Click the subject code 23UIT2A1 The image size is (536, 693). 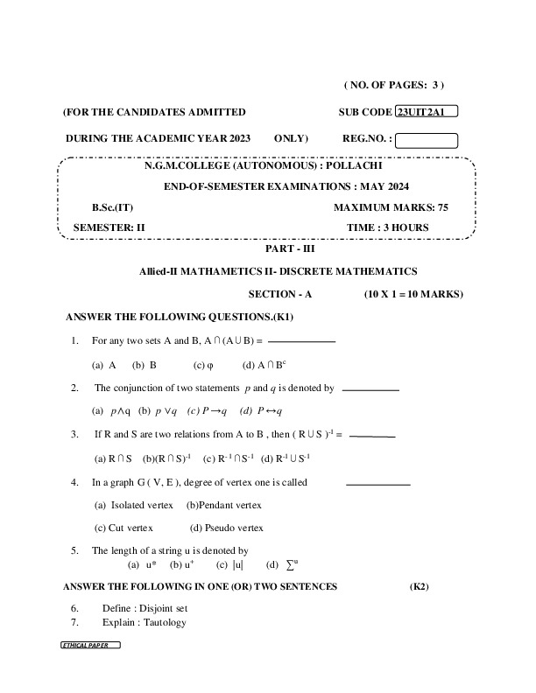[x=427, y=112]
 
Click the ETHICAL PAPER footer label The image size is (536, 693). [x=89, y=645]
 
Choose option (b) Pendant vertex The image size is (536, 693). [x=224, y=505]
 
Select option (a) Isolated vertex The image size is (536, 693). [x=136, y=505]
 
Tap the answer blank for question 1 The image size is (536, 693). [x=301, y=341]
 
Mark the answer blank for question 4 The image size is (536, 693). [x=377, y=483]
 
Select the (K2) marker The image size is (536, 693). [x=419, y=586]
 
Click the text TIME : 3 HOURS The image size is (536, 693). [x=387, y=227]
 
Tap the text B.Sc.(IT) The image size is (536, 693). [x=112, y=207]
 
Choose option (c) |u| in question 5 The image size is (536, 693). [x=229, y=564]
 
